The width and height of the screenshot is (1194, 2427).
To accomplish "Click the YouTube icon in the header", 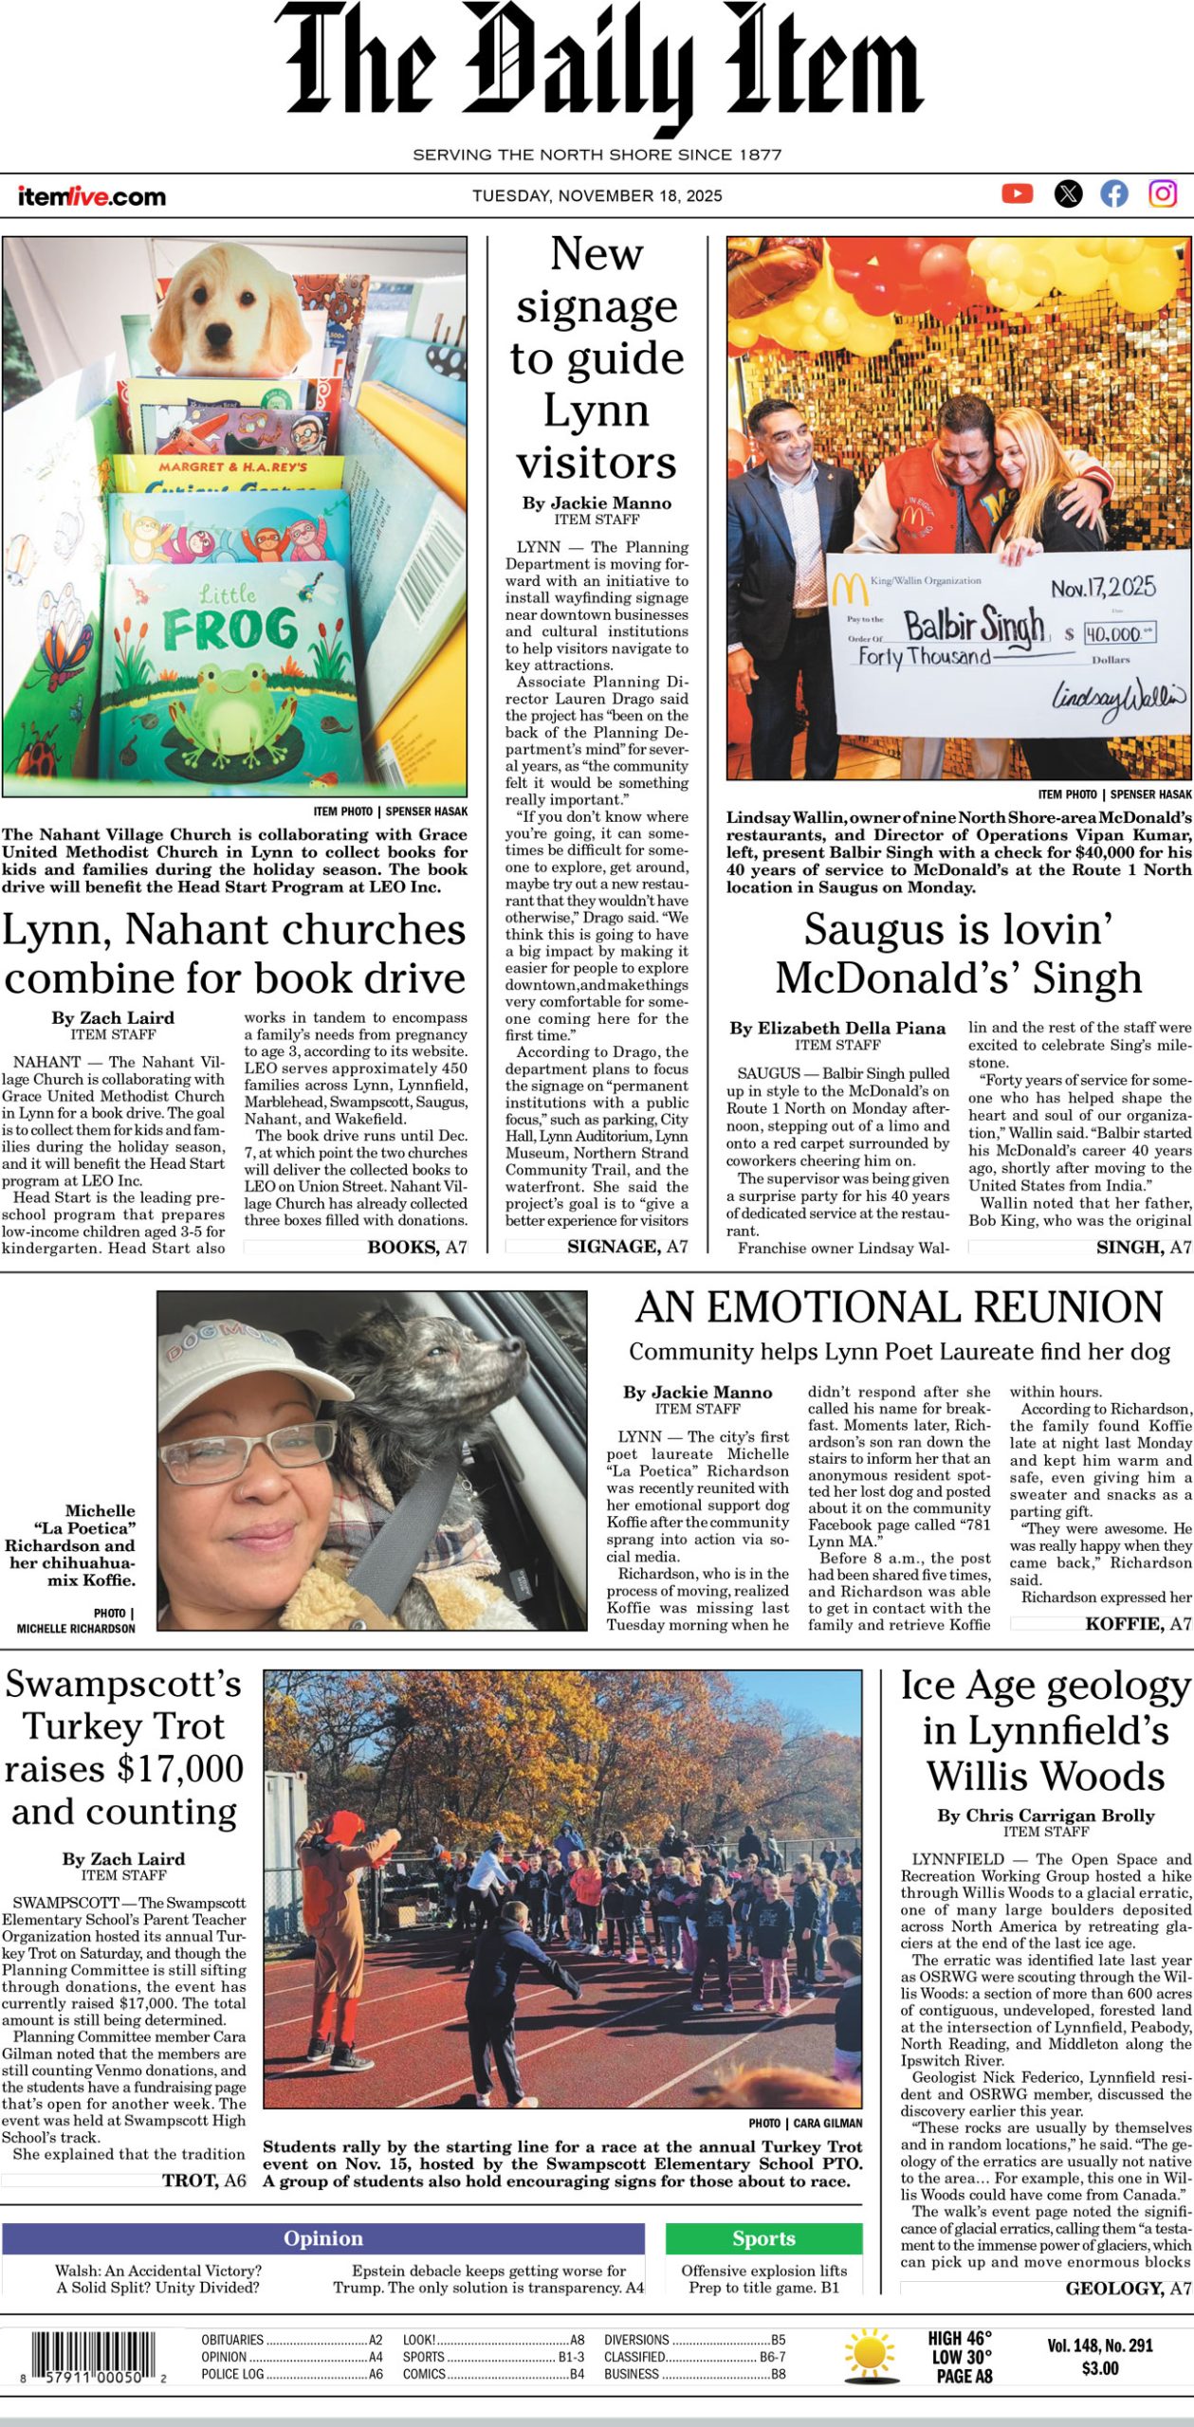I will pyautogui.click(x=1017, y=194).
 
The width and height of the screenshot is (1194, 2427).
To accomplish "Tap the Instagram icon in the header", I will pyautogui.click(x=1163, y=194).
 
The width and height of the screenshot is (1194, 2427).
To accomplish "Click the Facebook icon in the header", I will pyautogui.click(x=1114, y=194).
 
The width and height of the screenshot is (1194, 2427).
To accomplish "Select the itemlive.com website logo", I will pyautogui.click(x=91, y=196).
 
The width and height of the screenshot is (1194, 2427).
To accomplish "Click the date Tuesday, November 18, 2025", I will pyautogui.click(x=597, y=196).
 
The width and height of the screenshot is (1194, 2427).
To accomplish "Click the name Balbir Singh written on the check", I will pyautogui.click(x=973, y=625).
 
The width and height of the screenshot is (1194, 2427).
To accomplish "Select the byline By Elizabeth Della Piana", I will pyautogui.click(x=837, y=1028).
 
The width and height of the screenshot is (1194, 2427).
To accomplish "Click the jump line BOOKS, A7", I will pyautogui.click(x=416, y=1247).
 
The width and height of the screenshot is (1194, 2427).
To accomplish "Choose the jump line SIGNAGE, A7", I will pyautogui.click(x=627, y=1246).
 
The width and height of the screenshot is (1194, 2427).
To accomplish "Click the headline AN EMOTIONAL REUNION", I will pyautogui.click(x=899, y=1307).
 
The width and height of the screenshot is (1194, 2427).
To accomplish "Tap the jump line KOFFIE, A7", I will pyautogui.click(x=1137, y=1624).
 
